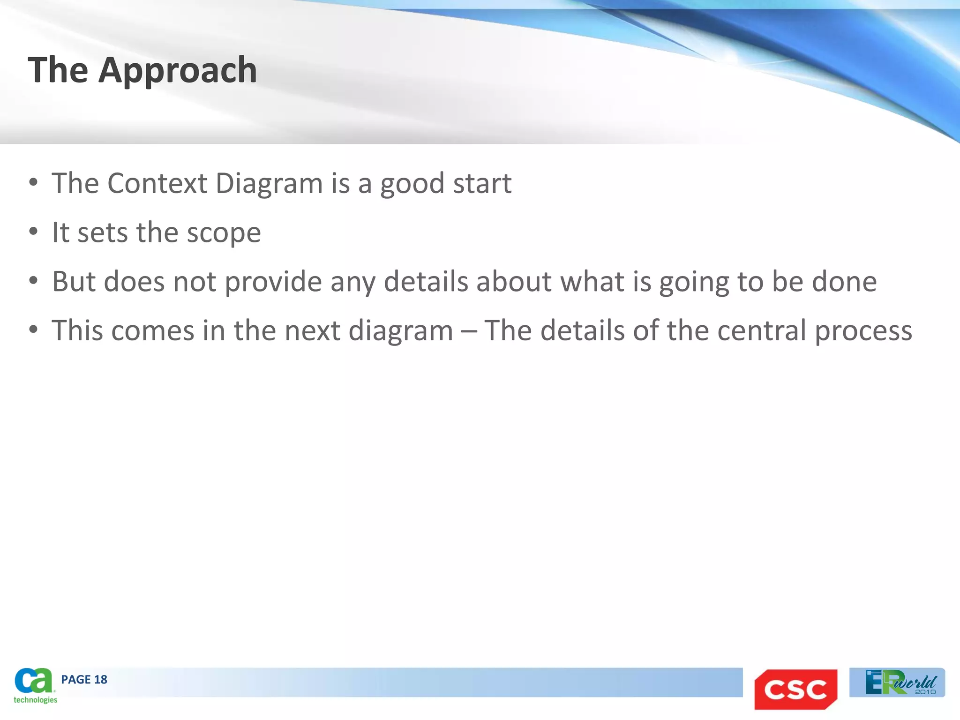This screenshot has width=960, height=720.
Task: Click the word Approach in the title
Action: (x=178, y=70)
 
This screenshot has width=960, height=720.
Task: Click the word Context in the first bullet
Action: (x=157, y=183)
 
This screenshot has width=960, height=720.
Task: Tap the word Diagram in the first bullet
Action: (x=269, y=183)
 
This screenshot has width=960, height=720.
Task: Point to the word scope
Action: (x=224, y=232)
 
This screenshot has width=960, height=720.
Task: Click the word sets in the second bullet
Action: (x=102, y=232)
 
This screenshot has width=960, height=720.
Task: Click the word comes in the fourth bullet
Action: (x=153, y=330)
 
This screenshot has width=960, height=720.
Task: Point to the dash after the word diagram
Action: (x=468, y=331)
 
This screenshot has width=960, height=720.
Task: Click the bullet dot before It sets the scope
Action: (x=33, y=232)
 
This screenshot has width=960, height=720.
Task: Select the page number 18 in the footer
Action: (x=101, y=680)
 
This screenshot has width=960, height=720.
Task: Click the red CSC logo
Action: (x=795, y=689)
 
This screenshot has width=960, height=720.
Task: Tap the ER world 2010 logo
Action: (x=897, y=682)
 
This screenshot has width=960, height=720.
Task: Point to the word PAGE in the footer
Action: (x=76, y=680)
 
